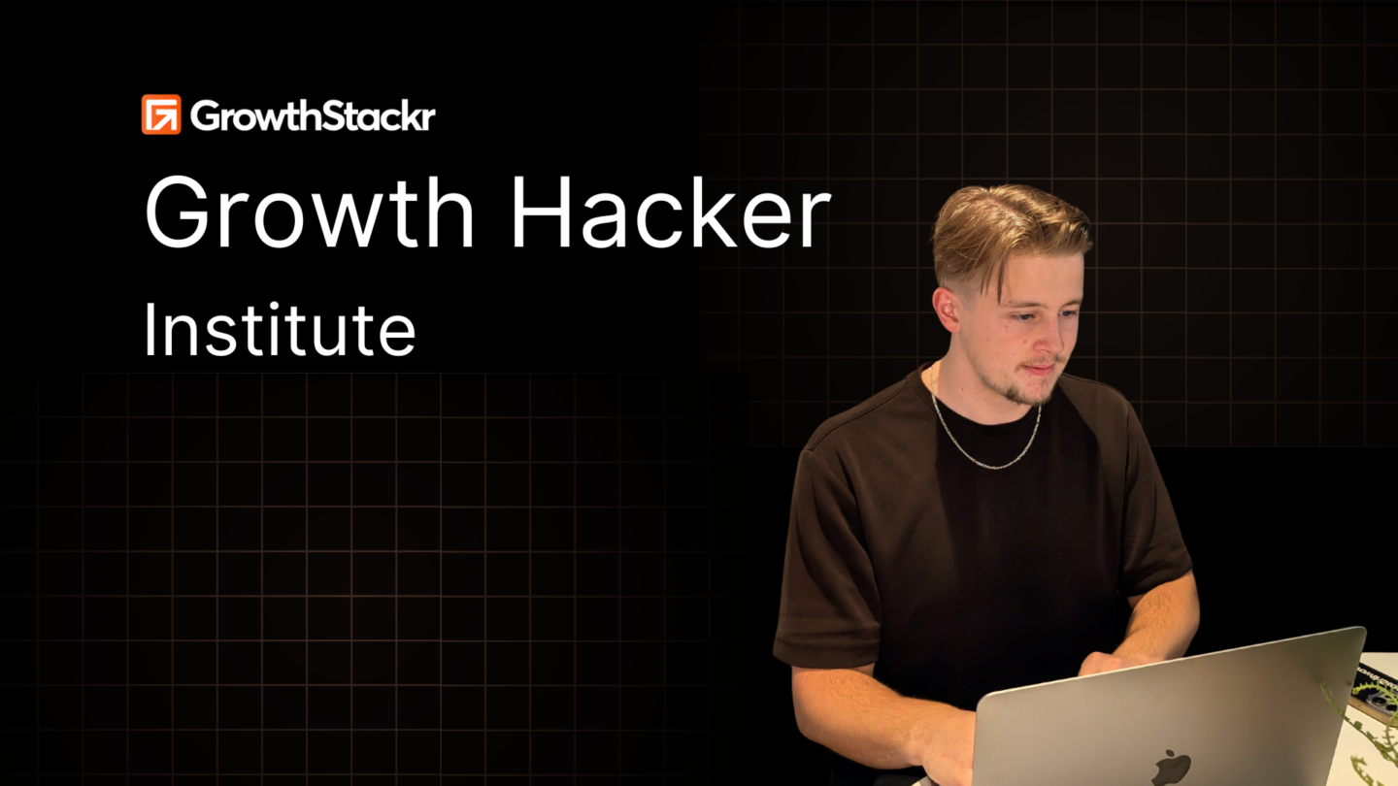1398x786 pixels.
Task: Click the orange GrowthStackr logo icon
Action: (x=161, y=115)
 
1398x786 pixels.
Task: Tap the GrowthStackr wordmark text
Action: (x=313, y=115)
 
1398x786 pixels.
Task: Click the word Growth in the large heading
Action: (x=309, y=213)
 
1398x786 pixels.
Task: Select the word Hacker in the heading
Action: (x=671, y=213)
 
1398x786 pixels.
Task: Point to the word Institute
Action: (x=280, y=329)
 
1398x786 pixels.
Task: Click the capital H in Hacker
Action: (x=541, y=213)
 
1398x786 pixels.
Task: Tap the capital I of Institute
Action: (x=150, y=329)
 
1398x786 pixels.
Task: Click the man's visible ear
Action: (x=947, y=309)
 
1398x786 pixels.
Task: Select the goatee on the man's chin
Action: (x=1030, y=391)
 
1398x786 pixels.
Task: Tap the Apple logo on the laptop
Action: (x=1171, y=768)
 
